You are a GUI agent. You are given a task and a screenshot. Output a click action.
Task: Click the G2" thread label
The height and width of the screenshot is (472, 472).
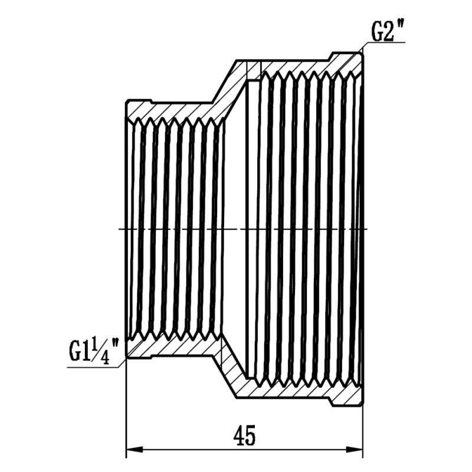[x=388, y=31]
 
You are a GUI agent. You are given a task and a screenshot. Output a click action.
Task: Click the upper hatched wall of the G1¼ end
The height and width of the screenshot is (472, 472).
[x=171, y=109]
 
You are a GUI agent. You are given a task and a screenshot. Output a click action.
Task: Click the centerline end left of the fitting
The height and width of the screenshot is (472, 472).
[x=121, y=228]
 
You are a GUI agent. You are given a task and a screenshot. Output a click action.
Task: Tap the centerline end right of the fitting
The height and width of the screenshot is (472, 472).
[x=369, y=228]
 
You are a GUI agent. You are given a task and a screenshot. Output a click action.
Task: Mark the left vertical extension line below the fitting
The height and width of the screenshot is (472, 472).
[x=127, y=413]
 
